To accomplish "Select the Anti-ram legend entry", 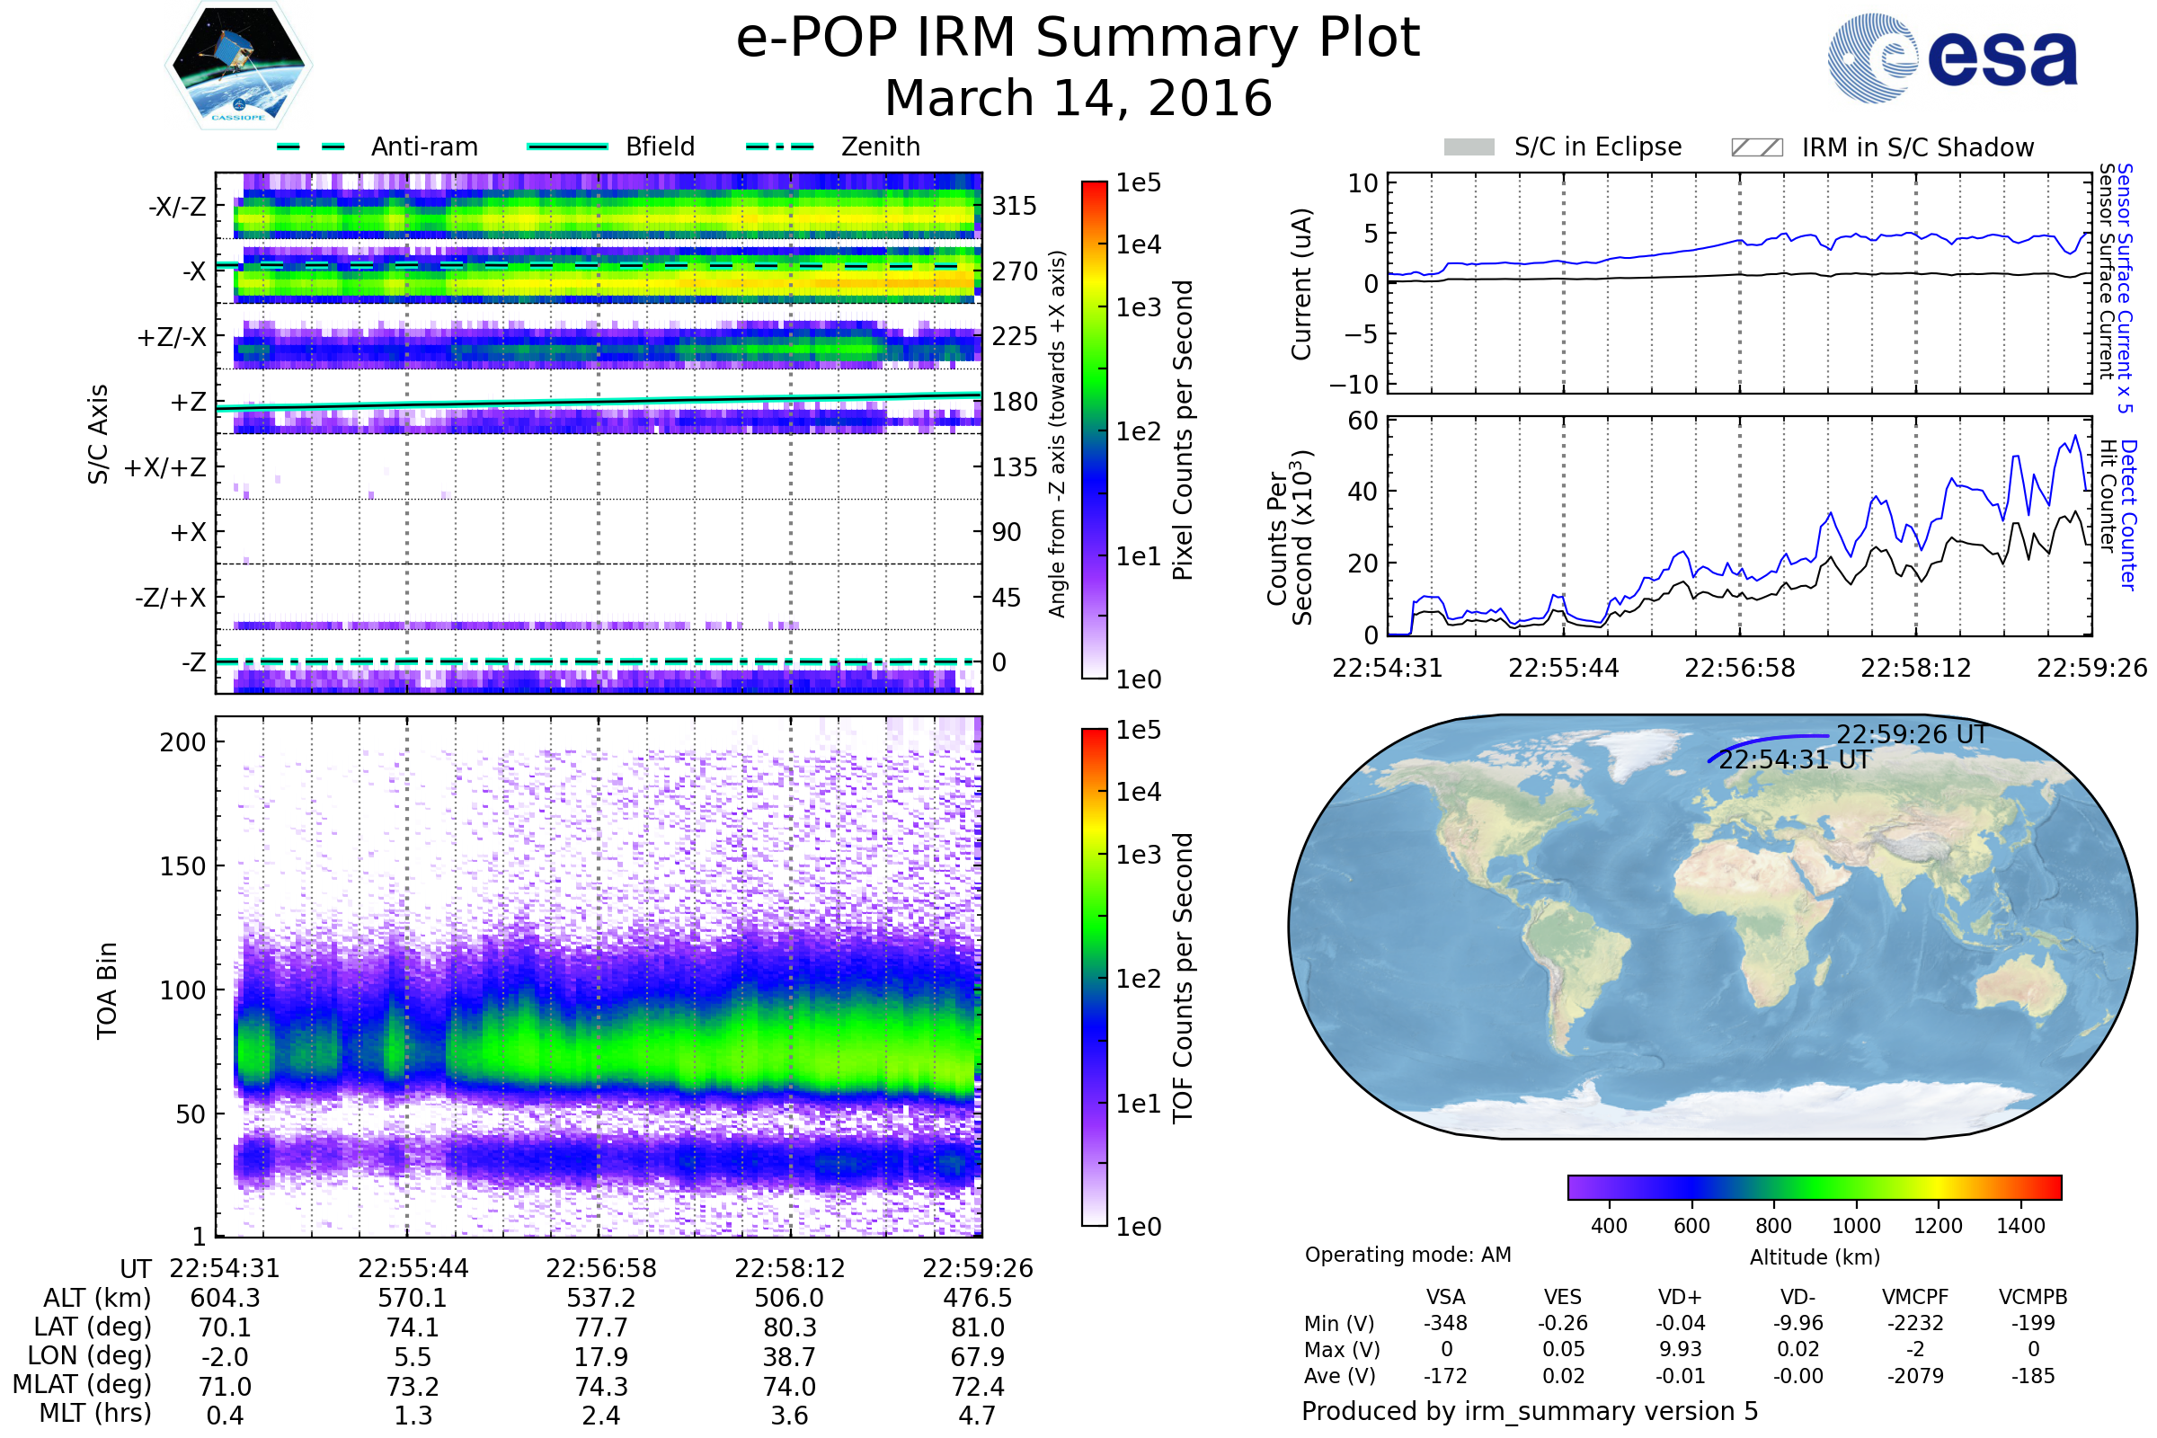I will (x=423, y=146).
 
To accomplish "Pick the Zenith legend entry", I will (x=880, y=146).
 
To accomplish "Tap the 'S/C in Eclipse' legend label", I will (x=1597, y=146).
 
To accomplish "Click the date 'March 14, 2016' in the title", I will (x=1078, y=99).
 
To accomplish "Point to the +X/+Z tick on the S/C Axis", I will (x=165, y=467).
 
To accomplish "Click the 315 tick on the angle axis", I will (x=1014, y=206).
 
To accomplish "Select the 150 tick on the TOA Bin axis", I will (x=182, y=866).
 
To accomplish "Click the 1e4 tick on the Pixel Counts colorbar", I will (x=1138, y=244).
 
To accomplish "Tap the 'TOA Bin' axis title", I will (x=106, y=990).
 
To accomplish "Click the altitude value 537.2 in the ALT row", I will (x=600, y=1298).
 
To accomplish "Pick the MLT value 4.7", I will (x=977, y=1415).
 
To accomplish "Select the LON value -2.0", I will (x=225, y=1356).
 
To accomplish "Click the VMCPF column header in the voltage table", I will (x=1915, y=1297).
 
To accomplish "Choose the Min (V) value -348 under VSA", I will (x=1445, y=1323).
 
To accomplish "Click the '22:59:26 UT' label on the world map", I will (x=1912, y=734).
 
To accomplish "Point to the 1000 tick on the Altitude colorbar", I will (x=1855, y=1226).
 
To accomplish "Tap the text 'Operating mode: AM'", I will (x=1407, y=1255).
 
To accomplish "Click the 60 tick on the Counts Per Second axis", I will (x=1363, y=421).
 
